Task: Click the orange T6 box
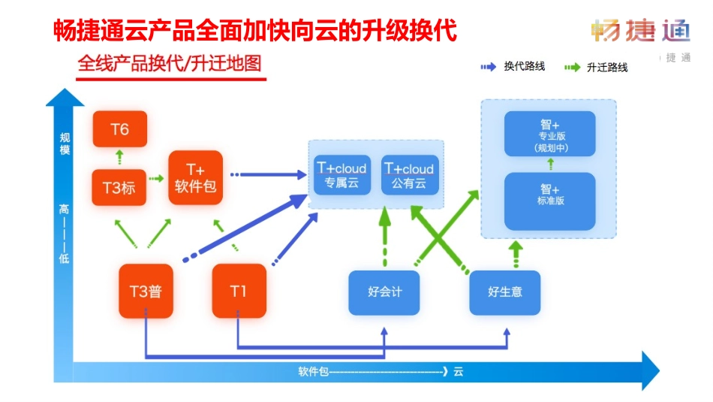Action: [120, 129]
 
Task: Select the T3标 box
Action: [119, 187]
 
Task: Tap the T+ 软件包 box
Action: [196, 177]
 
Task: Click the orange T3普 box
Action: [146, 291]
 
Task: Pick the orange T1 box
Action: [239, 291]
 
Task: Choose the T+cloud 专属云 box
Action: [341, 174]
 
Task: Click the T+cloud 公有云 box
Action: [409, 174]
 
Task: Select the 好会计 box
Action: [384, 292]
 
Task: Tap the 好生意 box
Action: [505, 292]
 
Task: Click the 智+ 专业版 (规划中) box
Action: [549, 135]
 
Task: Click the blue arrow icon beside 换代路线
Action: [489, 67]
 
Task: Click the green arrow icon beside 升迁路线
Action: [573, 67]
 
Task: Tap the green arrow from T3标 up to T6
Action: [119, 158]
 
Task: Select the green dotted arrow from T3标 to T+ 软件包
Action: [156, 179]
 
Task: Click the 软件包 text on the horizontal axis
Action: [312, 371]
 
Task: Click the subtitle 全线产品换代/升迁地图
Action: [170, 64]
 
